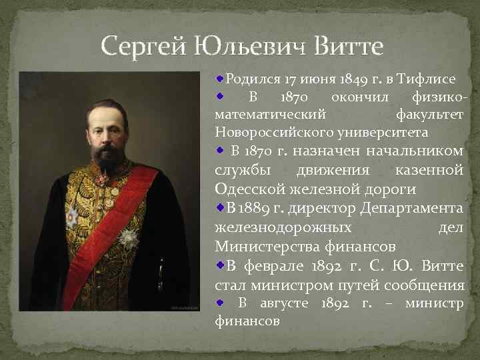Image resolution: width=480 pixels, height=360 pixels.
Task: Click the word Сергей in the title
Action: click(143, 47)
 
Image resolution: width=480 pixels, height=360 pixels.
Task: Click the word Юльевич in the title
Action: click(250, 47)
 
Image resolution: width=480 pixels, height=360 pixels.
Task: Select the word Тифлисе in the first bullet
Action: click(426, 79)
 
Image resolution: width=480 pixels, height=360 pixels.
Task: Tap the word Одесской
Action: click(250, 189)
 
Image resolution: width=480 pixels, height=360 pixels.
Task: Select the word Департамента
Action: click(411, 209)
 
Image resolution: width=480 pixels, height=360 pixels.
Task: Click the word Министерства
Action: click(267, 247)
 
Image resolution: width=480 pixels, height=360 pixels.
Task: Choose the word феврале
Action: click(274, 266)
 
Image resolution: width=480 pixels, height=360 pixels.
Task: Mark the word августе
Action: click(285, 303)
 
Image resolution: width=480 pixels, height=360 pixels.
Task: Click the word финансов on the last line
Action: click(247, 321)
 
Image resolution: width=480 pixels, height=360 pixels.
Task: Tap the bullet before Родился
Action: click(219, 79)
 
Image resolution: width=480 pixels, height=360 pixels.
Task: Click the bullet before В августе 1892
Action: click(219, 303)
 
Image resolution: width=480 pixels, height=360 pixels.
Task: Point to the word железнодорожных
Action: click(283, 228)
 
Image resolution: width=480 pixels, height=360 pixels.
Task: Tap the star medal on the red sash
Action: click(129, 238)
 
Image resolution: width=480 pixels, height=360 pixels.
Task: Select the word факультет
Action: click(429, 114)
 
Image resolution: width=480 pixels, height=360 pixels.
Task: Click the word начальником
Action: click(415, 151)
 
